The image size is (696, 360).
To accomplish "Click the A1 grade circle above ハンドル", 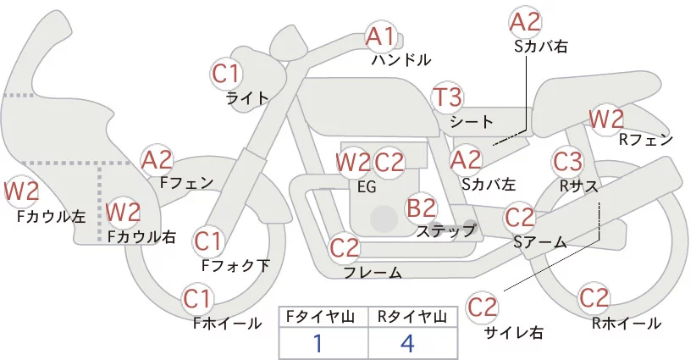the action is click(x=381, y=36).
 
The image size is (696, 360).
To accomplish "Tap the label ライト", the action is click(x=247, y=98).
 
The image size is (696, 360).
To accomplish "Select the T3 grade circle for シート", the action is click(x=447, y=97).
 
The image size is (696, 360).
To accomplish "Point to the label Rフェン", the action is click(x=646, y=140).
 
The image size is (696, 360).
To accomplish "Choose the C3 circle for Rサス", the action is click(x=567, y=160).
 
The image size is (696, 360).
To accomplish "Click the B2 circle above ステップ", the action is click(x=421, y=208).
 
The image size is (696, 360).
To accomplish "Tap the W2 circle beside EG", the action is click(x=353, y=161).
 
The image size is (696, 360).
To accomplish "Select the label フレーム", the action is click(x=373, y=272).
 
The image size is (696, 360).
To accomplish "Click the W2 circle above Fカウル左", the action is click(x=22, y=192).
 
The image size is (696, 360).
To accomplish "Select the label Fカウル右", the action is click(x=141, y=237).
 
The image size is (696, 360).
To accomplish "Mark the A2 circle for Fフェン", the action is click(x=157, y=159).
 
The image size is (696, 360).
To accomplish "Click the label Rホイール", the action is click(x=626, y=323).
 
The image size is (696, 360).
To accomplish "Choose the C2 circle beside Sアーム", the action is click(x=520, y=218).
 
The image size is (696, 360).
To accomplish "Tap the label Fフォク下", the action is click(x=236, y=265).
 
